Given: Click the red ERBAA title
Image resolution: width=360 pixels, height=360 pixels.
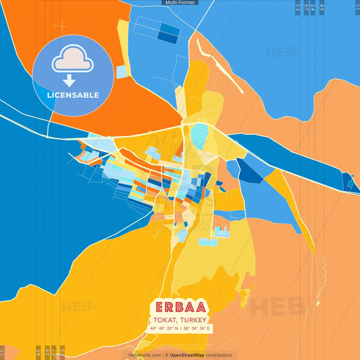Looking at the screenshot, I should pos(180,306).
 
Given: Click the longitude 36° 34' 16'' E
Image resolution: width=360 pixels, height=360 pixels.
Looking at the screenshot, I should pos(197,328).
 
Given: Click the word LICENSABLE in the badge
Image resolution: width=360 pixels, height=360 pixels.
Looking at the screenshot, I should pos(73,95).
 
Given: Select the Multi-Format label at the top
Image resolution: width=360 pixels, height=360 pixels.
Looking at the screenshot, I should pos(180,3).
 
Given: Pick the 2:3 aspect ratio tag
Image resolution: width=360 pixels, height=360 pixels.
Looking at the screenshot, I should pos(298,8).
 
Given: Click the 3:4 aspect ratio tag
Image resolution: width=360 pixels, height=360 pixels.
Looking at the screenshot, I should pos(313,8).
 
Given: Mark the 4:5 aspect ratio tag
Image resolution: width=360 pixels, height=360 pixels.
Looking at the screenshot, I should pos(322,8).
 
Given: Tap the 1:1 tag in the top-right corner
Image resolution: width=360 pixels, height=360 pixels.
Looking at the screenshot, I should pos(357,7).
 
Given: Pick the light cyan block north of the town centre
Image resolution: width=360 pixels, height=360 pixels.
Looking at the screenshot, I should pos(199,134).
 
